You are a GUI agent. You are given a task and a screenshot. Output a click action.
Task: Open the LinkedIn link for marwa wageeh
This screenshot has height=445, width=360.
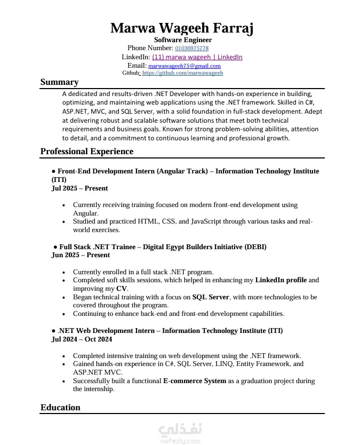(x=197, y=57)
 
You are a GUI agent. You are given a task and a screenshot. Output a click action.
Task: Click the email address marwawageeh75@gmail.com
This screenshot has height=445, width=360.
(x=184, y=66)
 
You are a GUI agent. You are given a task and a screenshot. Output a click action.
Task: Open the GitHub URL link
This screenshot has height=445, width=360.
(x=182, y=73)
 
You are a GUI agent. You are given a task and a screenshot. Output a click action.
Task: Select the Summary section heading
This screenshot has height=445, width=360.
(x=59, y=82)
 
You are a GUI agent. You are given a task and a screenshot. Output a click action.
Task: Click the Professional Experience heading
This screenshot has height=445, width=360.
(x=87, y=152)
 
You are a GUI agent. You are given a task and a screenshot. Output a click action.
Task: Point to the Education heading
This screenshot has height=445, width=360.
(x=60, y=408)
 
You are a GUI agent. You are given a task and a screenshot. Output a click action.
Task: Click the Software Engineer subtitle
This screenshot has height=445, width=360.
(x=183, y=40)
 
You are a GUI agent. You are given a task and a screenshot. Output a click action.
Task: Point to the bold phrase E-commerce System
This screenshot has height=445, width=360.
(x=194, y=381)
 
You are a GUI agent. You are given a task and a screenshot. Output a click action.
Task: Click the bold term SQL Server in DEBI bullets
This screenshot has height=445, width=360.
(x=211, y=297)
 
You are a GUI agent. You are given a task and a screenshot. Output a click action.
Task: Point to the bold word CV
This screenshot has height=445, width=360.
(x=122, y=289)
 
